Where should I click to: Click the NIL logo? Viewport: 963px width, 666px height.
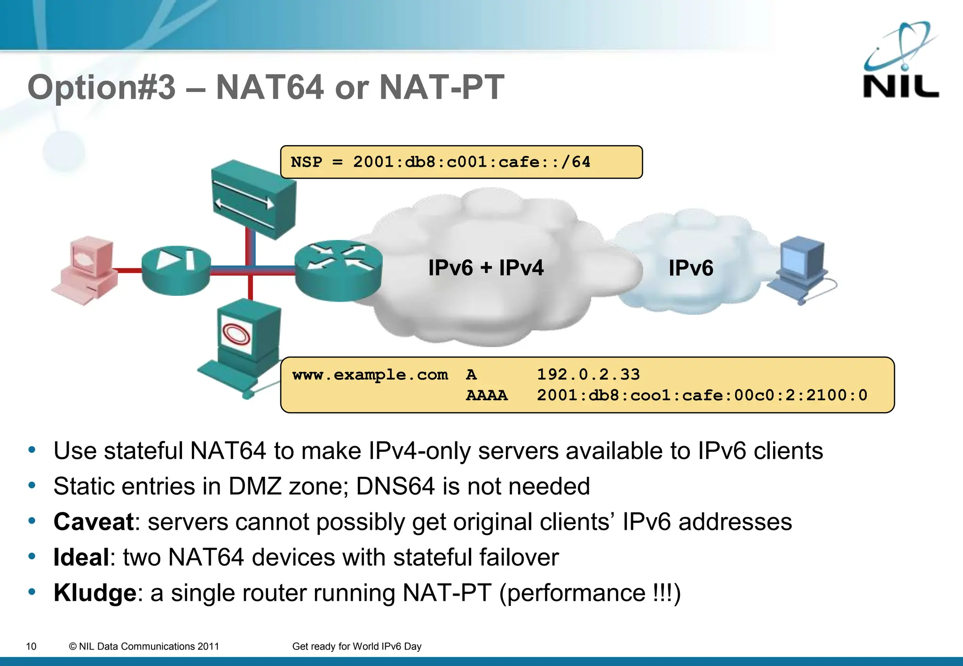900,61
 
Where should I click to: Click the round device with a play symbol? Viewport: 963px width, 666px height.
176,270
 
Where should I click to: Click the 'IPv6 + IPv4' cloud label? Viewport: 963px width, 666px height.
486,268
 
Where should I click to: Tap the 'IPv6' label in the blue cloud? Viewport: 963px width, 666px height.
691,268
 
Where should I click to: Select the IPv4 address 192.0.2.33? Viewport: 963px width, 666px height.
588,374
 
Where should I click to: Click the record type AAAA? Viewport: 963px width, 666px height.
487,395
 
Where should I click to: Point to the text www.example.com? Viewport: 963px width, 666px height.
370,375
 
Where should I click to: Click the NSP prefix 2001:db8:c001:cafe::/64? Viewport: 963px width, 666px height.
472,162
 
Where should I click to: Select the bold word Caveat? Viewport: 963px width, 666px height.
94,522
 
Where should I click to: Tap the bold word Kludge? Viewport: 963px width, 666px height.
95,593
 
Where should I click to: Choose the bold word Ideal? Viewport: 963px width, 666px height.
81,558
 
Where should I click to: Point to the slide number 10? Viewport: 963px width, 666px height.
31,646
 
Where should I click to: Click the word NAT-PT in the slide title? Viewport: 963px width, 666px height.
441,87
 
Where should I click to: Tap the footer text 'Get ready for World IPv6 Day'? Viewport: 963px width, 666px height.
356,646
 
